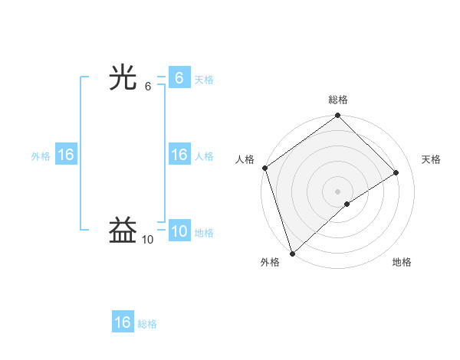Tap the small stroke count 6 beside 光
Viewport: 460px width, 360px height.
tap(148, 87)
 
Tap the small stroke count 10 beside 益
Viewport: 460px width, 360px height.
tap(147, 240)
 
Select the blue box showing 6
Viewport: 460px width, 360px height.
tap(179, 78)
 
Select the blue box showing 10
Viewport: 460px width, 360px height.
tap(179, 231)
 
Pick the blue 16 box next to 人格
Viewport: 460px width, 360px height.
tap(179, 155)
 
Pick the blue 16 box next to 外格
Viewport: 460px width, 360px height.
tap(66, 155)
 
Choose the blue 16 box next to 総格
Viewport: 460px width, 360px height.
tap(123, 322)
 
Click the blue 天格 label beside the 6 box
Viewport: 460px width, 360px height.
tap(204, 80)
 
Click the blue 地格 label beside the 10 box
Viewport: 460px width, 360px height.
tap(204, 233)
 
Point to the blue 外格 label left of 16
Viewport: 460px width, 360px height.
tap(41, 156)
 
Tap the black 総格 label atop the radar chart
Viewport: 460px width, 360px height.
tap(338, 100)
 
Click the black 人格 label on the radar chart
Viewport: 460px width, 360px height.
tap(245, 159)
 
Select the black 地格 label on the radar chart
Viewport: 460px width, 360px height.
tap(402, 262)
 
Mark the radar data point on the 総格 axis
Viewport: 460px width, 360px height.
tap(338, 116)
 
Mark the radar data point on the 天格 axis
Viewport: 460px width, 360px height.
tap(396, 172)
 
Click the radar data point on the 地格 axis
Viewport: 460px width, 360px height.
tap(347, 204)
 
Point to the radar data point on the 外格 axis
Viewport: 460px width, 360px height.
tap(291, 254)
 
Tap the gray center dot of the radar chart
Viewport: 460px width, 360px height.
tap(337, 191)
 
